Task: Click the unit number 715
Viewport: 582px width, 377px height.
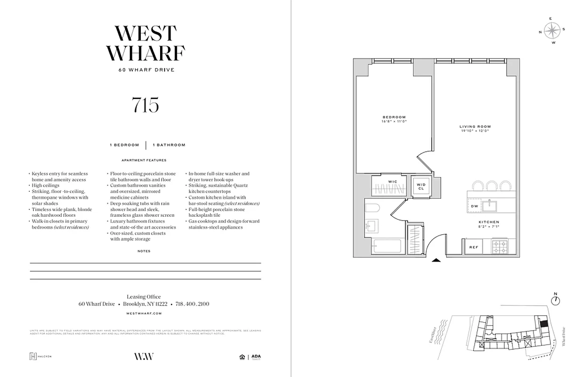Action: (145, 105)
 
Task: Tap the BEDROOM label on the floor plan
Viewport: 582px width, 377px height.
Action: (394, 117)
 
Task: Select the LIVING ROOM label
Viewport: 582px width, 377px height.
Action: (475, 127)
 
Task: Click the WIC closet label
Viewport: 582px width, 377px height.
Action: (393, 181)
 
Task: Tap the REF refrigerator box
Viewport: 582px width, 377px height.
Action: (473, 247)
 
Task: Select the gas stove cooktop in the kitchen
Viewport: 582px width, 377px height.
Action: (500, 246)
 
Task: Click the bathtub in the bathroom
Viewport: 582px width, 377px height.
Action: (386, 246)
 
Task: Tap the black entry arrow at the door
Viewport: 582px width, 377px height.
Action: (436, 259)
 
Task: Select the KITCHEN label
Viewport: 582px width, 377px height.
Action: (488, 222)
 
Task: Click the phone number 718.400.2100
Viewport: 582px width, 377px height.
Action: (192, 304)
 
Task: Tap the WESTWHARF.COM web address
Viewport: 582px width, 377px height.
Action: (145, 313)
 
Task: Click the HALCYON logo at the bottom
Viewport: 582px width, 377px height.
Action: (40, 356)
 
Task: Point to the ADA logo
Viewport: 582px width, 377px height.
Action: (256, 357)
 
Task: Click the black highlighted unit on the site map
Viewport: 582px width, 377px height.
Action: (543, 324)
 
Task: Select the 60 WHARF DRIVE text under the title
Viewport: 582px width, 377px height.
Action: (146, 70)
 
